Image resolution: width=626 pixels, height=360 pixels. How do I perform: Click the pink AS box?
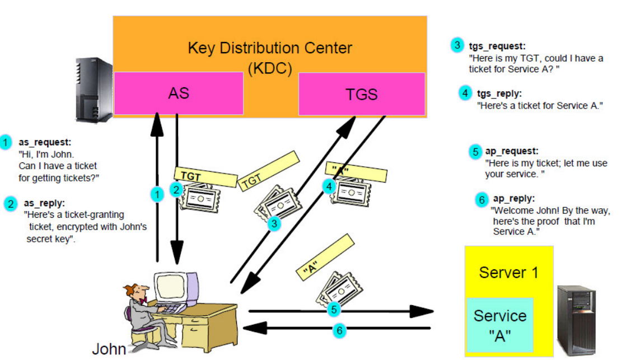pos(178,93)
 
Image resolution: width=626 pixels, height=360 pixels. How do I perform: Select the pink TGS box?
pos(362,94)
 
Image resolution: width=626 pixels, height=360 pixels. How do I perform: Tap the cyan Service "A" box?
pos(500,324)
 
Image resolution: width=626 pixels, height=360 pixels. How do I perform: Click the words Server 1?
pos(508,273)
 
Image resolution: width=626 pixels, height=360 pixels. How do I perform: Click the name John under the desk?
pos(109,349)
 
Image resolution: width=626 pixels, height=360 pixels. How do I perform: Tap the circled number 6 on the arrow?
pos(338,331)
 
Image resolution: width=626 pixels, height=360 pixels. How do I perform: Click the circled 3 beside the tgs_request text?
pos(457,46)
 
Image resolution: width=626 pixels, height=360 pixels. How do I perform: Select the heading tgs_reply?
pos(499,94)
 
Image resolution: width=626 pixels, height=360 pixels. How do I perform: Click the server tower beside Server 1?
pos(577,319)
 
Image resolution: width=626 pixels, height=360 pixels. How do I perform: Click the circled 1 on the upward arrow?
pos(157,194)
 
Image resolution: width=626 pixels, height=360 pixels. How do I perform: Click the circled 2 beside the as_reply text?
pos(11,204)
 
